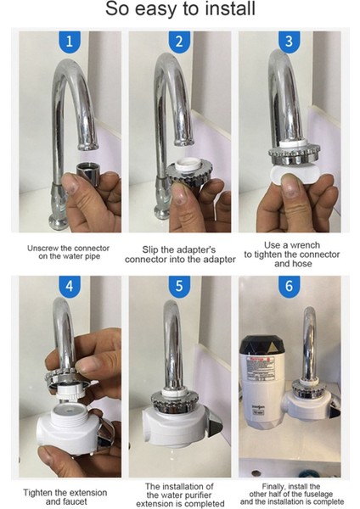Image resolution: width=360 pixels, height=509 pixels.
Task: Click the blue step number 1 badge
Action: click(70, 42)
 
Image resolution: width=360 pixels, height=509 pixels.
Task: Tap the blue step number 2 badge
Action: click(179, 42)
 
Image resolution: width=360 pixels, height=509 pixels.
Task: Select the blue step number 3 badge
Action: click(289, 42)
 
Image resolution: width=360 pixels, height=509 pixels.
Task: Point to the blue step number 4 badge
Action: click(70, 287)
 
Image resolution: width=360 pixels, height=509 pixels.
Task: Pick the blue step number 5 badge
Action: click(179, 287)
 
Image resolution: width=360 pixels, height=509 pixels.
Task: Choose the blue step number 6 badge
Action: click(289, 287)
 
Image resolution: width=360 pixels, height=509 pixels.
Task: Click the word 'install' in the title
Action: click(226, 8)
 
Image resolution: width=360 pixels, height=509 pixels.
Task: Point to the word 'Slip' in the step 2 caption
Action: click(150, 250)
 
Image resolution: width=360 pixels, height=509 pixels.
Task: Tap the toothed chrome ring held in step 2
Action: click(189, 174)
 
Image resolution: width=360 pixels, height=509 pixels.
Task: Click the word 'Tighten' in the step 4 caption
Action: click(37, 493)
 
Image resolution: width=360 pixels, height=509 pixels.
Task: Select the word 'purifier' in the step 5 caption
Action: click(197, 495)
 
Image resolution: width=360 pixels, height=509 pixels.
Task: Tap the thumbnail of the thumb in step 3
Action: click(290, 188)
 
